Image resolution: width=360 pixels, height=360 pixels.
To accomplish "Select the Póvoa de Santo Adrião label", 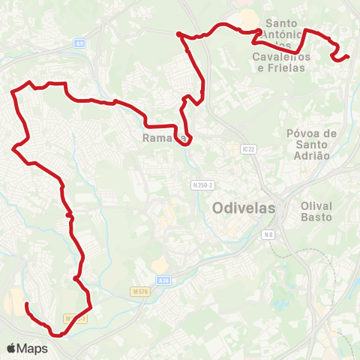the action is click(307, 144).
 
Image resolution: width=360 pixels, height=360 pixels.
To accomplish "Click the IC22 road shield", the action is click(249, 149).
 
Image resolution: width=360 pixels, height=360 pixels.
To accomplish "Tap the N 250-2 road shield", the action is click(203, 185).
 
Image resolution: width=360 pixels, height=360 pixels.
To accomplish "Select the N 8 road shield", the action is click(268, 235).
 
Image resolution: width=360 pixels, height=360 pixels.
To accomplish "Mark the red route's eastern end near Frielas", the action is click(348, 56).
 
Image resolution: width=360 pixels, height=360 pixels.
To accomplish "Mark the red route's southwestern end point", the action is click(27, 304).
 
